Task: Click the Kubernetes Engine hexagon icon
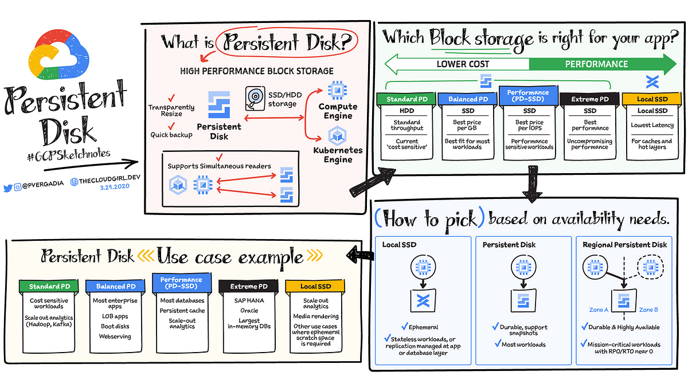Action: [335, 136]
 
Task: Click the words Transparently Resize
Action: [171, 111]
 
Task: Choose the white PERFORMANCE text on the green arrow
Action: [596, 64]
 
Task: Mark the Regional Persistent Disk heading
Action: [624, 245]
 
